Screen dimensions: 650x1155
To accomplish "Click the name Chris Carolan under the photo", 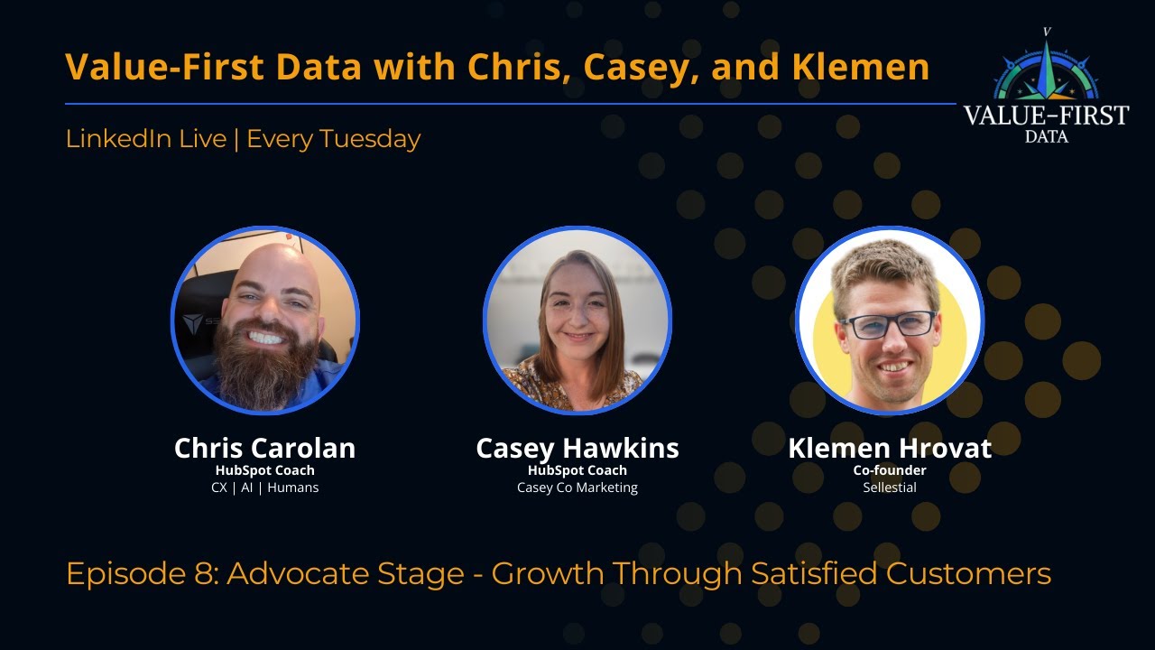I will (x=264, y=448).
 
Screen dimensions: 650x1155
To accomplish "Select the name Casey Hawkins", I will (x=577, y=448).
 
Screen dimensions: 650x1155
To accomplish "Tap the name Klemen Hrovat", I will (x=890, y=448).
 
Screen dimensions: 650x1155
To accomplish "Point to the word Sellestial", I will (x=890, y=487).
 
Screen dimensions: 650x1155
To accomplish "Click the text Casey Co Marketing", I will (x=577, y=487).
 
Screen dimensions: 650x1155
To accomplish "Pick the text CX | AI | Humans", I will (x=264, y=487).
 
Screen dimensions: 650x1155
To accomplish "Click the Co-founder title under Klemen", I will (x=890, y=469).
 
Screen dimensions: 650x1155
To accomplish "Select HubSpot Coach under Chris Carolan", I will (x=264, y=469).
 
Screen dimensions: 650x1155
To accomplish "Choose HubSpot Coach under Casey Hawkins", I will (x=577, y=469).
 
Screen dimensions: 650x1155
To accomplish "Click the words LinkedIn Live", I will (x=145, y=139).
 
